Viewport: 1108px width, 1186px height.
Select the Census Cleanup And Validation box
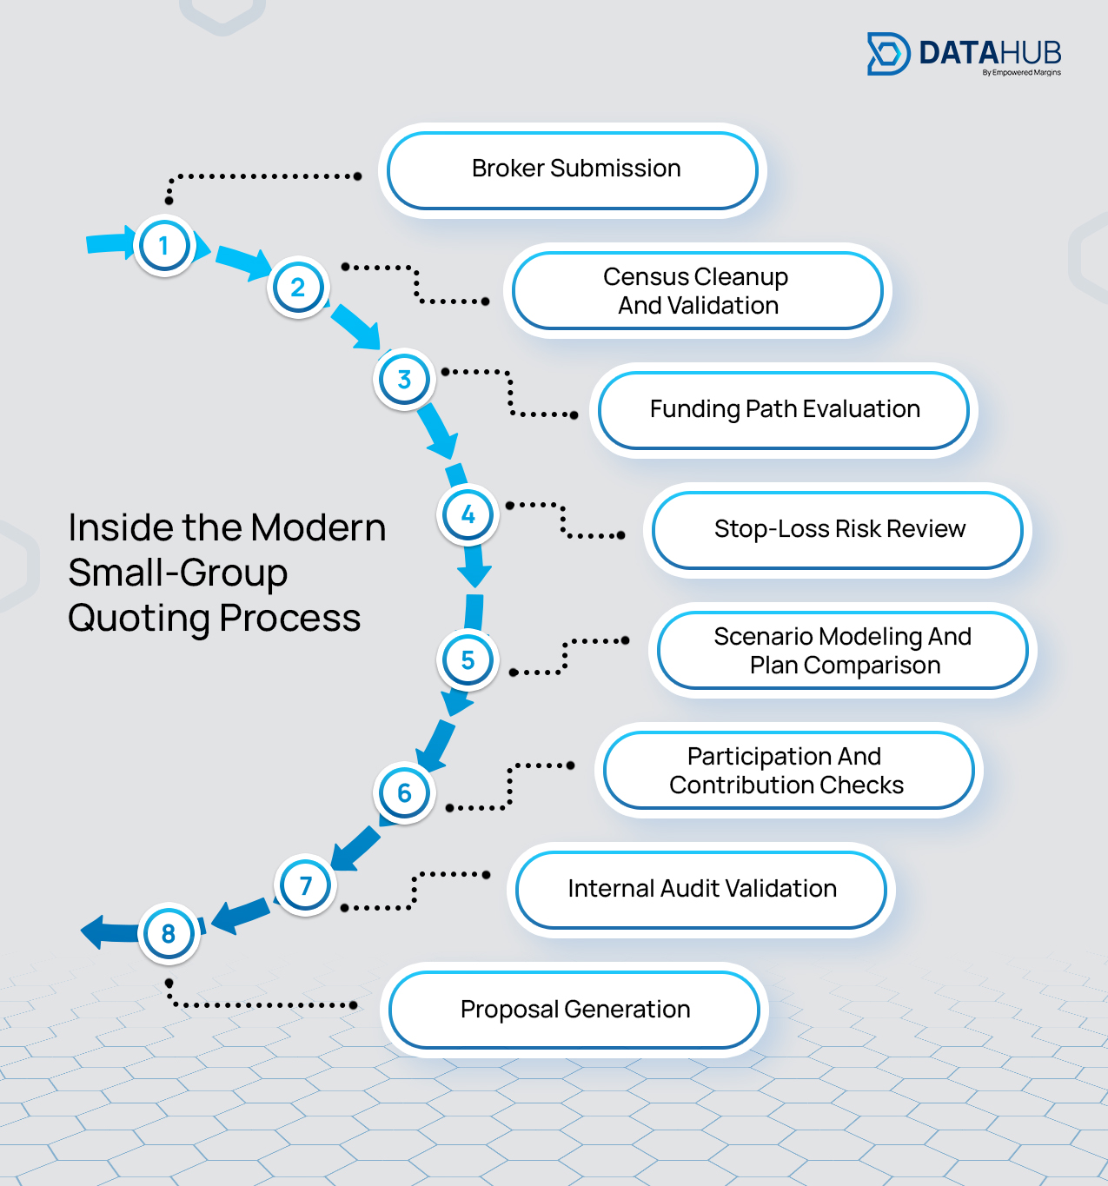[697, 291]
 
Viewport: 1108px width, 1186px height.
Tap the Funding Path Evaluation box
[783, 410]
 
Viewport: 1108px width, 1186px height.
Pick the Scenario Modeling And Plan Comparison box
[842, 651]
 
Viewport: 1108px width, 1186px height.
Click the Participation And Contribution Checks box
[788, 771]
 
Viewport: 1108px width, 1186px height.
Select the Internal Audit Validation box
[701, 890]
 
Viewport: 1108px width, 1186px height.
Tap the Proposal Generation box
[574, 1010]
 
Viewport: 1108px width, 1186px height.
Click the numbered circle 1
[164, 246]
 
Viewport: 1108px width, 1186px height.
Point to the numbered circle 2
[298, 288]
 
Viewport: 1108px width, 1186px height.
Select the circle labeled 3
[404, 380]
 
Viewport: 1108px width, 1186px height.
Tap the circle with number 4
[468, 514]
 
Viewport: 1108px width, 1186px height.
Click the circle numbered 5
[468, 660]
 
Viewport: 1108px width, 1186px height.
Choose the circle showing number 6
[404, 792]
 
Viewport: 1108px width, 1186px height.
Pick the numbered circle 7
[305, 885]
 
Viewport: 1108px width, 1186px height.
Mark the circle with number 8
[169, 934]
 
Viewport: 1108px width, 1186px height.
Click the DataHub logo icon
[888, 54]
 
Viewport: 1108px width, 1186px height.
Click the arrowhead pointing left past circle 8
[94, 932]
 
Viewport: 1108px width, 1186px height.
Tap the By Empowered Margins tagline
[1021, 73]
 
